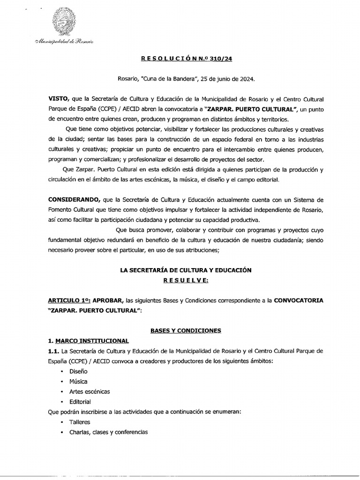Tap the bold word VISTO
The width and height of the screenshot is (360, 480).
click(x=58, y=100)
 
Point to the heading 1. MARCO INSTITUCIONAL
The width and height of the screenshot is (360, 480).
click(x=88, y=340)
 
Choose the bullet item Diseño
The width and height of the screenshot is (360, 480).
click(x=78, y=371)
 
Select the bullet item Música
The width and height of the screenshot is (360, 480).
click(x=78, y=382)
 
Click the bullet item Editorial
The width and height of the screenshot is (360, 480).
click(x=80, y=402)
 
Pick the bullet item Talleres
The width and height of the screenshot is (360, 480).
click(x=80, y=422)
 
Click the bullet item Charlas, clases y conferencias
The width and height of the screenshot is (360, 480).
click(x=108, y=432)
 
